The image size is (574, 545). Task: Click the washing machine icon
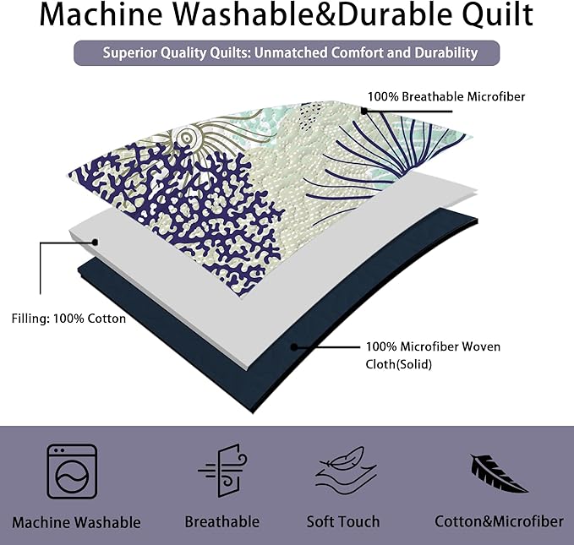[72, 471]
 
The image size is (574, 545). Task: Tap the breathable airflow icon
[223, 471]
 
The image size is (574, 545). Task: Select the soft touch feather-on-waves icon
[346, 470]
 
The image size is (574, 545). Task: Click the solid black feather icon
[499, 473]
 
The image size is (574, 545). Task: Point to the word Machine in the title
[101, 14]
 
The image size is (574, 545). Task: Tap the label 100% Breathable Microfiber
[446, 96]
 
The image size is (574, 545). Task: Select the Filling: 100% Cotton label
[68, 319]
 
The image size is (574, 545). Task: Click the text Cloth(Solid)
[399, 364]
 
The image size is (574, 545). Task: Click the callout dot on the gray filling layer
[96, 243]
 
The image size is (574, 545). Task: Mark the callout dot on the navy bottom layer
[293, 346]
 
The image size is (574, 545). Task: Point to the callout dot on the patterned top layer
[364, 111]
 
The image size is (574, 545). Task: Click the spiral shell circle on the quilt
[187, 139]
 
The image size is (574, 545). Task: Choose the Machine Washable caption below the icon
[76, 522]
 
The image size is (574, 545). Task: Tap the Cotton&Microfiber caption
[499, 521]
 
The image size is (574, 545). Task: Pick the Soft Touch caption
[343, 521]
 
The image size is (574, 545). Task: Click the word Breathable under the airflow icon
[221, 521]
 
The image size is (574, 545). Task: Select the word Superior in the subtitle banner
[129, 52]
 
